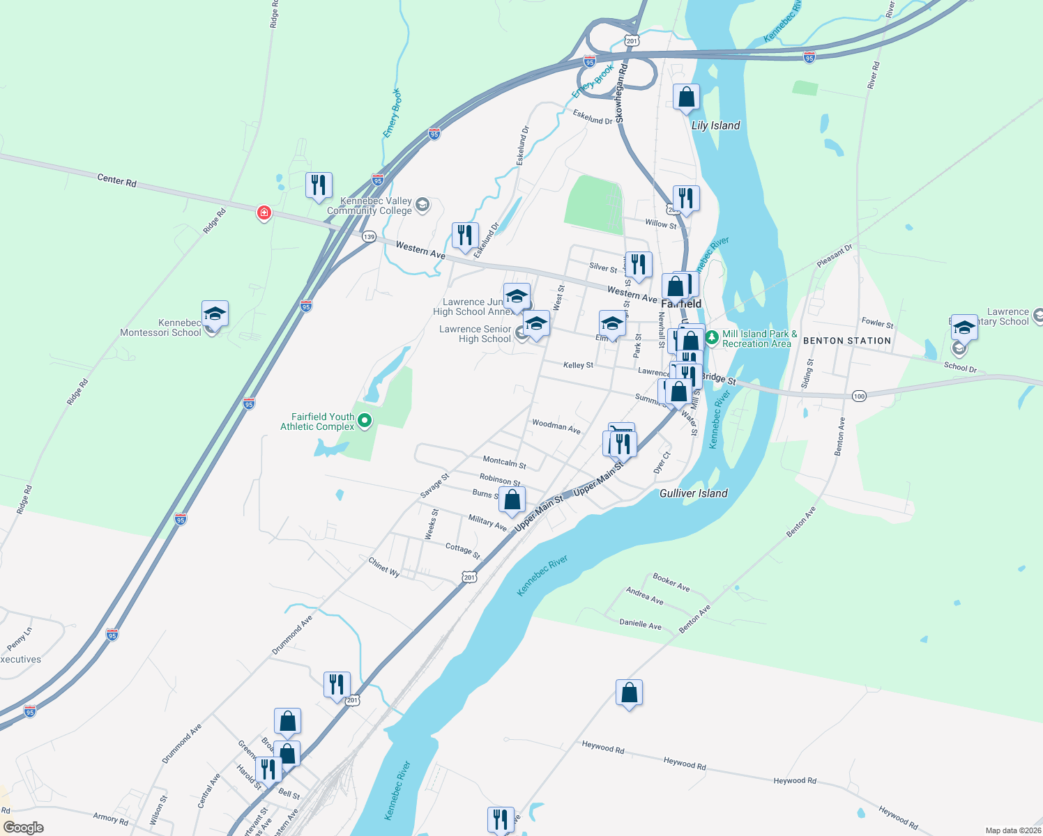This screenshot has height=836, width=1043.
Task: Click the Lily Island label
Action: [715, 125]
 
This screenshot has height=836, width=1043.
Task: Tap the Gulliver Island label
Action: [693, 493]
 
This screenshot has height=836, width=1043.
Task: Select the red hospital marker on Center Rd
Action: [264, 212]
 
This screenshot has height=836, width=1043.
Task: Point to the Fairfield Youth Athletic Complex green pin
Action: [365, 420]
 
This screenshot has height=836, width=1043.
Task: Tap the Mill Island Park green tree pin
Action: [711, 338]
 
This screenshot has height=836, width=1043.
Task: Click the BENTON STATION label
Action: [847, 341]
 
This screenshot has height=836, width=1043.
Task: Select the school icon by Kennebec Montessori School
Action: [215, 314]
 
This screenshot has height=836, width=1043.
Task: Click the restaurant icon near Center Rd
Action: [319, 185]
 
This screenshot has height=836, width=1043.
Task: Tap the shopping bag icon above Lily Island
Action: [686, 98]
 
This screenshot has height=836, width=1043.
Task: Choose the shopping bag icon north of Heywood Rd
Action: [629, 693]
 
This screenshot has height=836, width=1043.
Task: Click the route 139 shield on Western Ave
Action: [369, 237]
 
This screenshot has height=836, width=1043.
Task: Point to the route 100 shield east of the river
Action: [859, 396]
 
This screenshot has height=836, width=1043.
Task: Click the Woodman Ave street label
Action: [556, 426]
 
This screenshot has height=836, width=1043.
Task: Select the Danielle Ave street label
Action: [640, 624]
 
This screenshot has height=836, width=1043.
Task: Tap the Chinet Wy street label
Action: [384, 566]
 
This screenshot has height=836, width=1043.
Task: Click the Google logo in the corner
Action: [24, 828]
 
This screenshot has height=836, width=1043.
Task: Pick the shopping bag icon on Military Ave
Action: [512, 500]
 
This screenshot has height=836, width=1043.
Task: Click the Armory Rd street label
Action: [110, 818]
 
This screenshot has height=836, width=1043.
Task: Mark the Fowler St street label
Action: [877, 323]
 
